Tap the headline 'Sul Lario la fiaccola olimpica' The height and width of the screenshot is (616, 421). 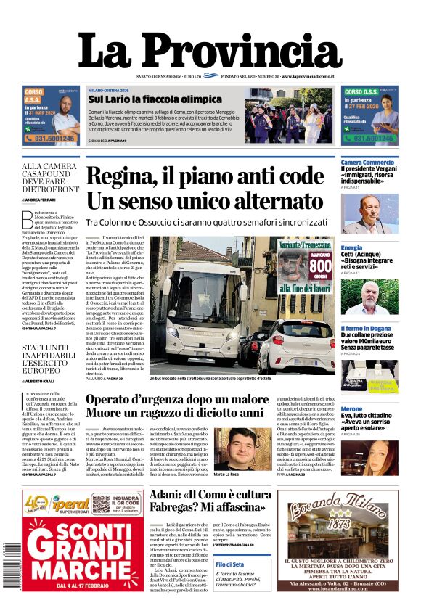click(x=155, y=99)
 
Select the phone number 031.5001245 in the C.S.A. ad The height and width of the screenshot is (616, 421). click(x=49, y=138)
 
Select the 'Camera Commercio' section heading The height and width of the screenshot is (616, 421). click(x=367, y=161)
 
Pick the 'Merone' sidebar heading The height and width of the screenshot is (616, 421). click(x=352, y=410)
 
